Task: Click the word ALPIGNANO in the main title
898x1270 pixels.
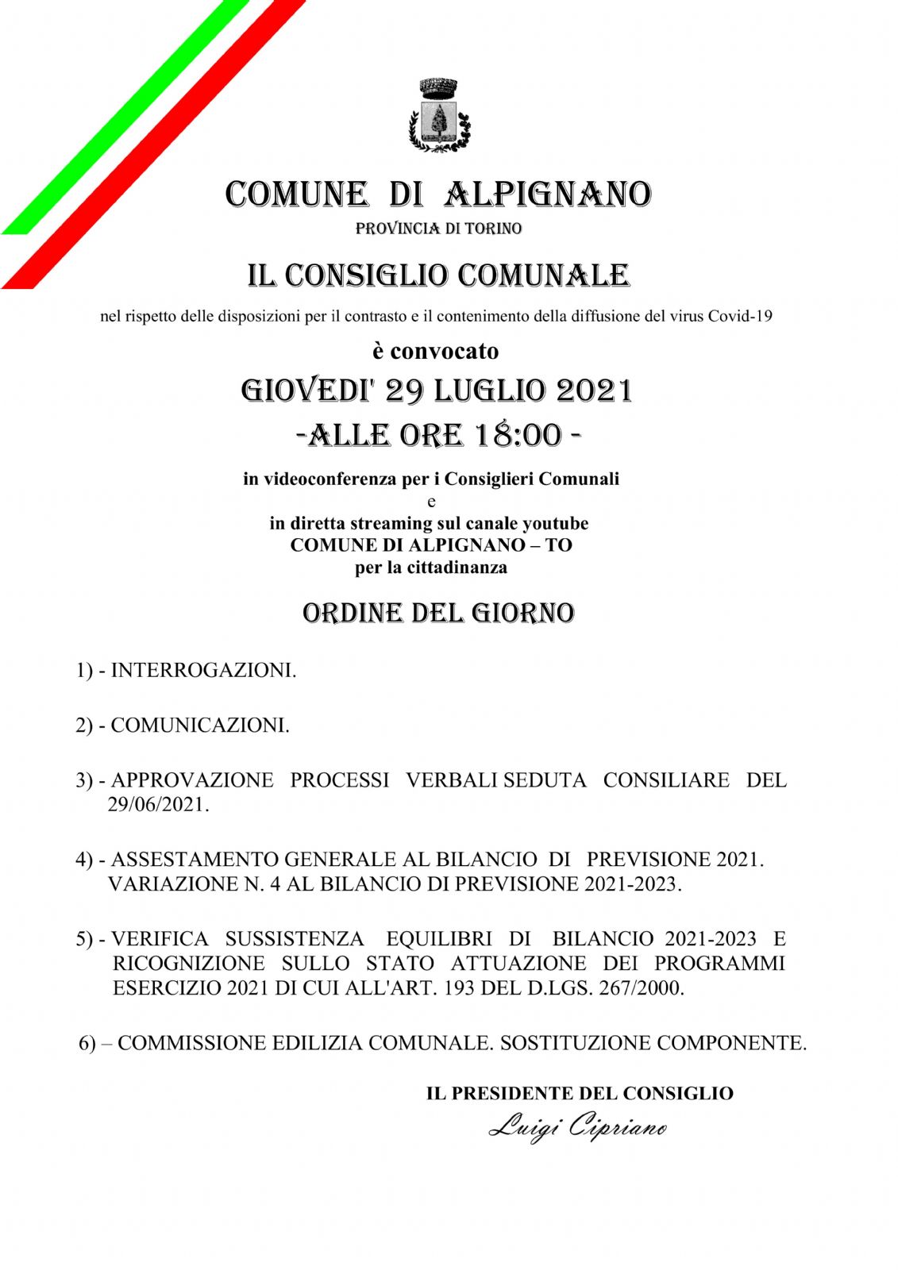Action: (548, 194)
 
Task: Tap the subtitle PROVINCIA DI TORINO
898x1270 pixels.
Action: (438, 229)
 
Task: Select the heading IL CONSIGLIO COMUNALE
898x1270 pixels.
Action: (438, 275)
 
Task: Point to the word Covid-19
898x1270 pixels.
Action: (740, 316)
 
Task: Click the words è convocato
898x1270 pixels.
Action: (436, 350)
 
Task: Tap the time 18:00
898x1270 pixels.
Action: (518, 435)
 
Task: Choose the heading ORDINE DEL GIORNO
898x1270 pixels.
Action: (438, 613)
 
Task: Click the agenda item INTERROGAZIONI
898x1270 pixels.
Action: (203, 670)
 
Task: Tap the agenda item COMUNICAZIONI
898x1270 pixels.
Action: (200, 725)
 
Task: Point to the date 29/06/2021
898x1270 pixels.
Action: (158, 804)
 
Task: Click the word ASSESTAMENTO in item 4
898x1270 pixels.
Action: (195, 859)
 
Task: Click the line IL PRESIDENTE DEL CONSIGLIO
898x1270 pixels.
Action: (580, 1093)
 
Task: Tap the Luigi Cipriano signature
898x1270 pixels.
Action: (577, 1126)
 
